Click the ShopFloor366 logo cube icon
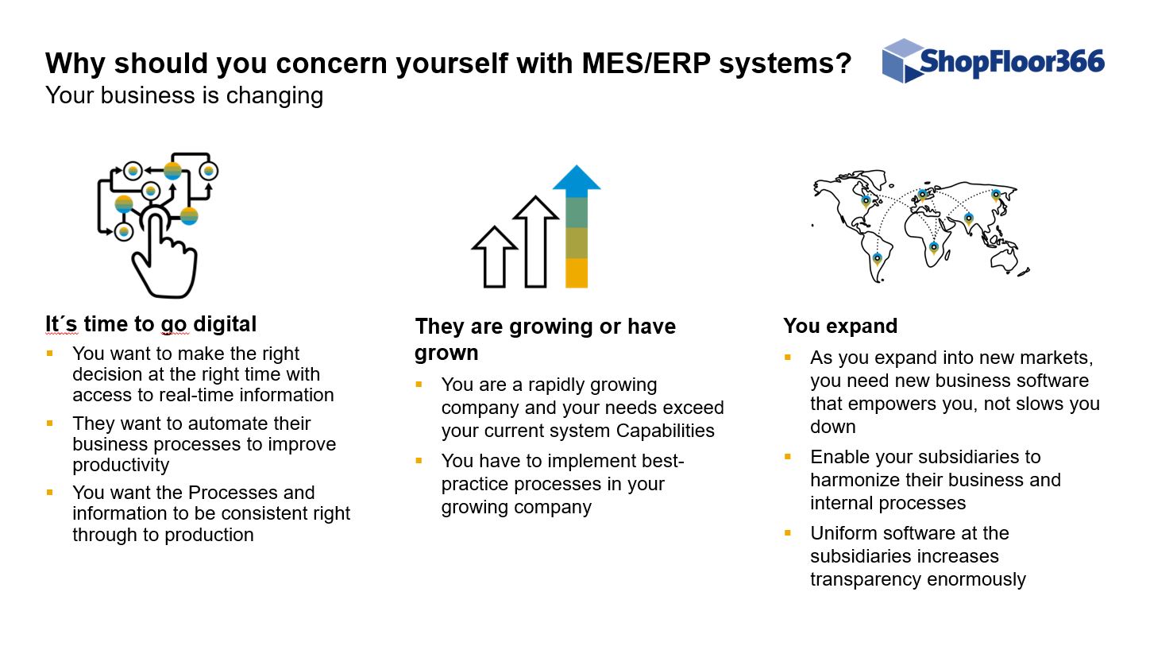click(902, 60)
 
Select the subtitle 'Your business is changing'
click(184, 95)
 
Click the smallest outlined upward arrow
click(495, 257)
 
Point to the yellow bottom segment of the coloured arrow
click(576, 273)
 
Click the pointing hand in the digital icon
click(164, 254)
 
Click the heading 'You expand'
click(840, 326)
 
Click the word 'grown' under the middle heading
click(446, 353)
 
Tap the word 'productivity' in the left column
click(121, 465)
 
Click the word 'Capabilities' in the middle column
click(665, 431)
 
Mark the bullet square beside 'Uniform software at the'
click(788, 533)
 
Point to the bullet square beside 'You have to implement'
click(419, 461)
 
